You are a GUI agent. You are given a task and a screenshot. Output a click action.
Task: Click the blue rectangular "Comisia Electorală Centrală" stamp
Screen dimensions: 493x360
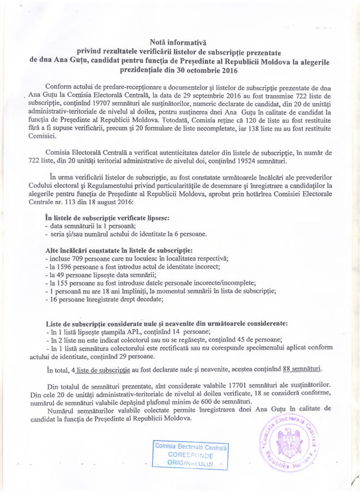click(x=191, y=454)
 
